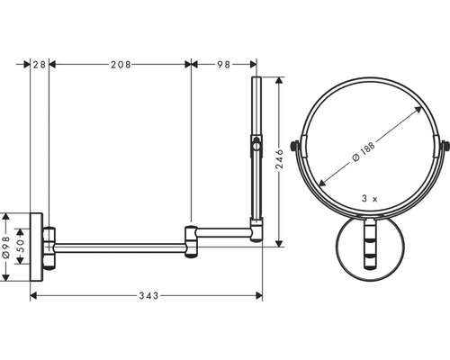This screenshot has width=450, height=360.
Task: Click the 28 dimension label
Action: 40,64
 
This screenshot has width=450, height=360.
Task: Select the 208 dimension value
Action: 120,64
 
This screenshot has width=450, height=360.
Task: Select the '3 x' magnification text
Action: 368,195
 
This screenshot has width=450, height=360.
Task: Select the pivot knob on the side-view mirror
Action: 257,145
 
